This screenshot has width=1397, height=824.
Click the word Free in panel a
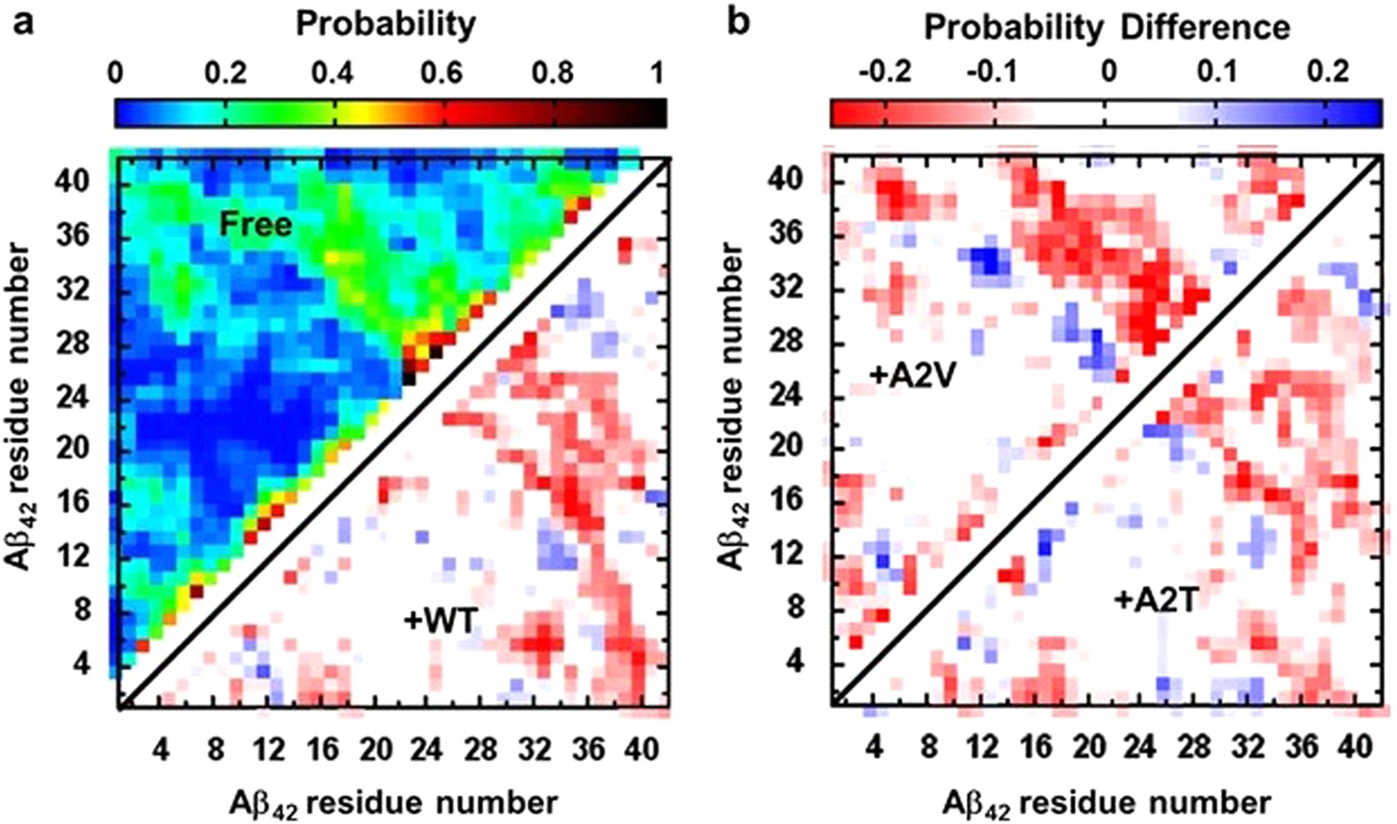(255, 224)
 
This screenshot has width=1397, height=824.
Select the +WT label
(440, 620)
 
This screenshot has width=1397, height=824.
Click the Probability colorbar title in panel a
(385, 24)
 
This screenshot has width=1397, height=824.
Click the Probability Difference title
(1106, 27)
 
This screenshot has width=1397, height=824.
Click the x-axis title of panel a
(394, 804)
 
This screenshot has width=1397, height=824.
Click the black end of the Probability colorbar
(655, 114)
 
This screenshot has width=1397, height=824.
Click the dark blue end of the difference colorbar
(1370, 114)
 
